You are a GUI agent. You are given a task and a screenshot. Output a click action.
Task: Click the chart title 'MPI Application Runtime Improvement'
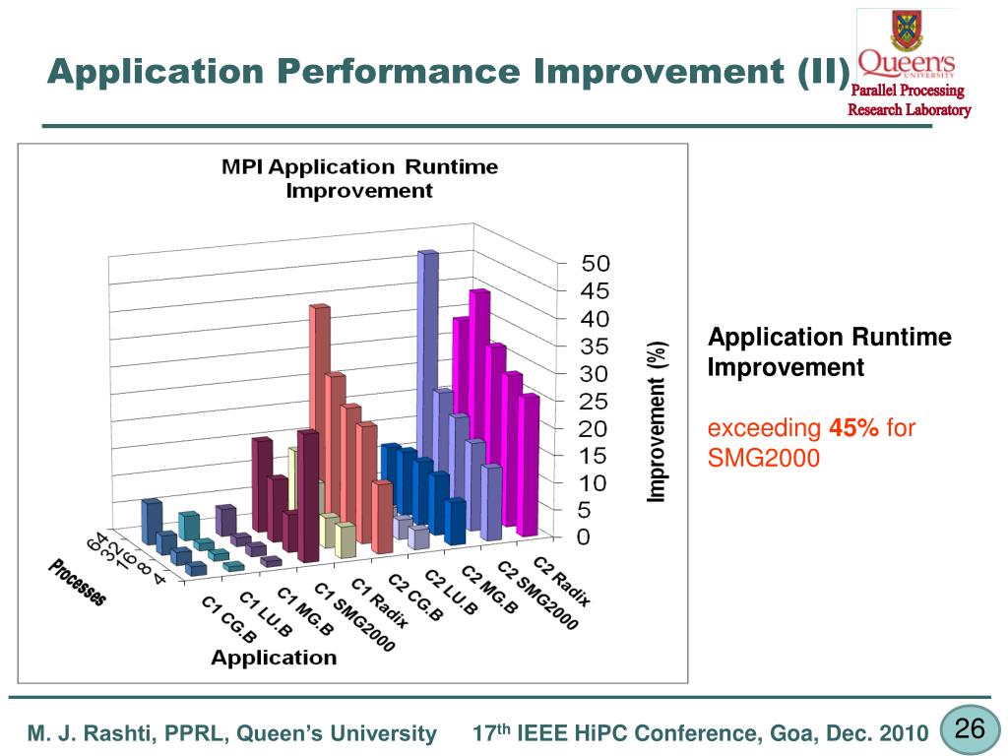click(x=359, y=178)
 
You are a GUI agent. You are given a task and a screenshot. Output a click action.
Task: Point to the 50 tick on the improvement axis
click(x=596, y=264)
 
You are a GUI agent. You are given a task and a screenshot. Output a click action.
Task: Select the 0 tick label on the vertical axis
click(x=584, y=537)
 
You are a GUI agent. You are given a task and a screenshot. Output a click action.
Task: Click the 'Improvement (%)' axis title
click(x=658, y=421)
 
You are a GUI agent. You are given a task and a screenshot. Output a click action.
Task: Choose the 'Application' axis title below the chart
click(x=274, y=658)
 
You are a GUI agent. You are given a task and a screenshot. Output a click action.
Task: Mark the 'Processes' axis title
click(x=78, y=582)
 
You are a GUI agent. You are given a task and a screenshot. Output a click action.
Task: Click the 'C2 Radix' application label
click(x=562, y=581)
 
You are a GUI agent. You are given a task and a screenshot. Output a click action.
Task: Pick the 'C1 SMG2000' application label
click(x=354, y=616)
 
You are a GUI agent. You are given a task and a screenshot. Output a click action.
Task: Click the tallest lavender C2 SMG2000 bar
click(x=427, y=374)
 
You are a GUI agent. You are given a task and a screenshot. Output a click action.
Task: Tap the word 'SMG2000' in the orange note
click(x=764, y=458)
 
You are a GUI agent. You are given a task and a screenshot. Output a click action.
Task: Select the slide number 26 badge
click(x=970, y=729)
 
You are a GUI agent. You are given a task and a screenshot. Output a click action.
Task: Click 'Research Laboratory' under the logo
click(x=910, y=109)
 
